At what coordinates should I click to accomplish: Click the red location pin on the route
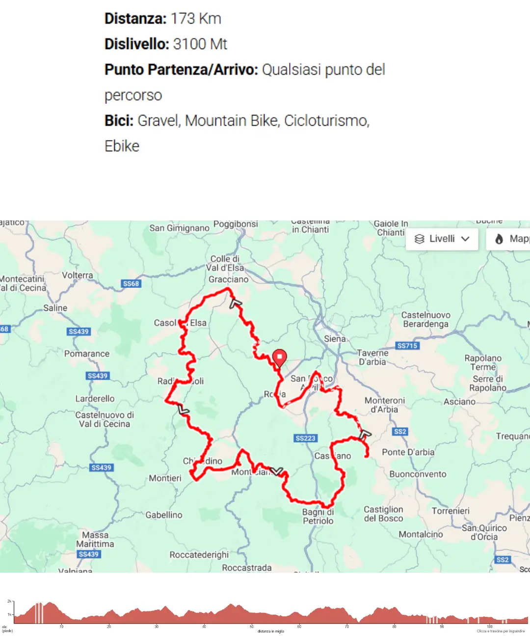279,357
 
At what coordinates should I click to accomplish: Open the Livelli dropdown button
442,239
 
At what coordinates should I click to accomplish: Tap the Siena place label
335,339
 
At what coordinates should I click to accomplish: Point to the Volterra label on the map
77,275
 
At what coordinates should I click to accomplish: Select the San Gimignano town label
179,228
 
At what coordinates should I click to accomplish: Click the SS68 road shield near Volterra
131,284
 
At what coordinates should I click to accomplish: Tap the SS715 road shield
407,346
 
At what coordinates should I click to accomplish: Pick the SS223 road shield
306,438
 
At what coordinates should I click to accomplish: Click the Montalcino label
421,534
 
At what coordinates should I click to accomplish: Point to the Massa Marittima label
95,539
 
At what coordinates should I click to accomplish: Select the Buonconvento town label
418,474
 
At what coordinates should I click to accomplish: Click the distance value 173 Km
196,19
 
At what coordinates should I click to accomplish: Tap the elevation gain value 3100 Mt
200,44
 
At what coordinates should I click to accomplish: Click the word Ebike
122,146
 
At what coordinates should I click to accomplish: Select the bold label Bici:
119,121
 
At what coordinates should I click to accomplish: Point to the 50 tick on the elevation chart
251,627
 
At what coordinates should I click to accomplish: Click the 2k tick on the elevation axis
9,601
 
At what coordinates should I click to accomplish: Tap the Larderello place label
95,399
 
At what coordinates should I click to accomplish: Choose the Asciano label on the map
459,402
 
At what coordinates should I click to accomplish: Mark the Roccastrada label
246,568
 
